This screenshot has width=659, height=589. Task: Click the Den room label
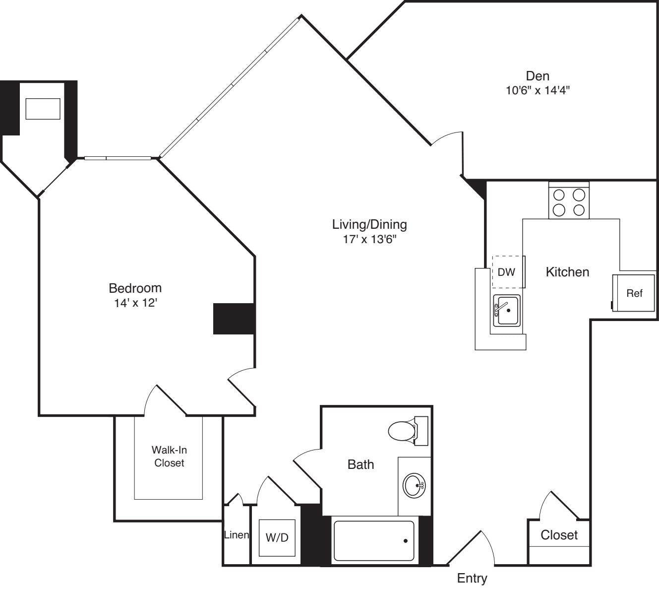[x=538, y=76]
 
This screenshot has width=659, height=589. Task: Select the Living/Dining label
[x=369, y=224]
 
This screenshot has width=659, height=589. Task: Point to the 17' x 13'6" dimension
[x=369, y=239]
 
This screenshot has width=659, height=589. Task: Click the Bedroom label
[x=135, y=288]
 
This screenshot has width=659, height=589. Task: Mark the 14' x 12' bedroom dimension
[x=135, y=303]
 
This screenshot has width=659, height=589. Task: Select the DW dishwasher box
[x=507, y=272]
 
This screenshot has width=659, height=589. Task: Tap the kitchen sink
[x=506, y=310]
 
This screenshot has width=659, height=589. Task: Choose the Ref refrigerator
[x=634, y=293]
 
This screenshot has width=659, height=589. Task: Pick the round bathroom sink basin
[x=413, y=485]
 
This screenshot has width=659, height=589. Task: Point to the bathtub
[x=374, y=540]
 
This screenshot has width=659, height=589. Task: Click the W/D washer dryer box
[x=277, y=537]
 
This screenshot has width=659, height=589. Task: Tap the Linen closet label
[x=237, y=535]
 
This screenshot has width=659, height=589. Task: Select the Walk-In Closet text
[x=169, y=457]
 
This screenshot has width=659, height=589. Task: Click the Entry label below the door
[x=472, y=578]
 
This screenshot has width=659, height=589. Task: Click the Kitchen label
[x=567, y=272]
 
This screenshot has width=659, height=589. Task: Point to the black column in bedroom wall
[x=234, y=319]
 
